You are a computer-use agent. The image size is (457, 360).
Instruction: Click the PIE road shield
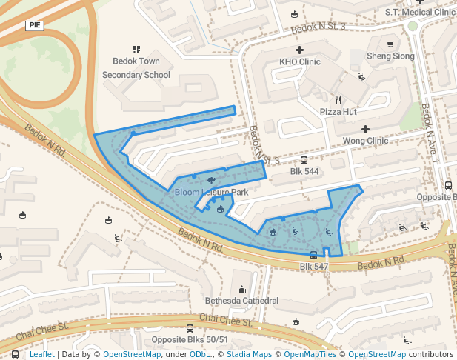click(x=35, y=25)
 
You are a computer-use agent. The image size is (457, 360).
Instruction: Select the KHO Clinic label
click(x=300, y=62)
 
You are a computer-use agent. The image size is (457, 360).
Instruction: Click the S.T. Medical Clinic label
click(x=420, y=12)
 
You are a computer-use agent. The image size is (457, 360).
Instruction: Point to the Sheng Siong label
click(x=390, y=56)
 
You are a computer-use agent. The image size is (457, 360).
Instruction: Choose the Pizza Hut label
click(x=338, y=111)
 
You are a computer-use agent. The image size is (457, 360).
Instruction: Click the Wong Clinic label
click(x=365, y=141)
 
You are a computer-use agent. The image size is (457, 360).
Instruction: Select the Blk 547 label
click(x=313, y=266)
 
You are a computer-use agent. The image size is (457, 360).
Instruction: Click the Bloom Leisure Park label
click(x=211, y=193)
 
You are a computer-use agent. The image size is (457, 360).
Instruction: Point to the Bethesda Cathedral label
click(x=241, y=301)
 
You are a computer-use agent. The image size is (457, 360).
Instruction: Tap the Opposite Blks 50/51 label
click(x=190, y=340)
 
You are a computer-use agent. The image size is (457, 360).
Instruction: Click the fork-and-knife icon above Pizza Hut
click(x=338, y=99)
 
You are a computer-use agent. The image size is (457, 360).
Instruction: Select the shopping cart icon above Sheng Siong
click(x=390, y=44)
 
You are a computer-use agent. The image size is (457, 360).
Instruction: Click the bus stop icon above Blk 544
click(x=304, y=160)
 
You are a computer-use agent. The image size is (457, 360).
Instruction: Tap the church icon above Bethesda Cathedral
click(x=241, y=289)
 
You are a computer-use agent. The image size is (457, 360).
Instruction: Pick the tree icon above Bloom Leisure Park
click(x=212, y=180)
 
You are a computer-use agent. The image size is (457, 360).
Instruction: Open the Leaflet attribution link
click(x=41, y=355)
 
